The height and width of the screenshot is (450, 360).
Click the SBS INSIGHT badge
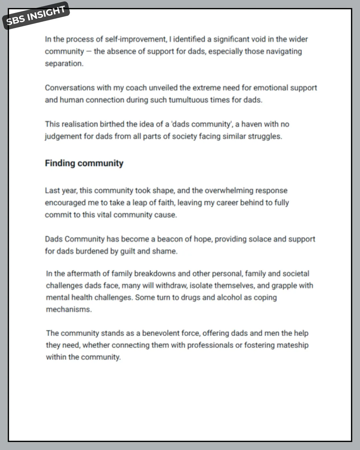[36, 16]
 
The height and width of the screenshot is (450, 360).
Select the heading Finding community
[84, 163]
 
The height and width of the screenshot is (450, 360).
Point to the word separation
[64, 64]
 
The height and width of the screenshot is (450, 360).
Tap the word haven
[251, 124]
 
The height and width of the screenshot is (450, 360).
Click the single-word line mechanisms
[69, 310]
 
